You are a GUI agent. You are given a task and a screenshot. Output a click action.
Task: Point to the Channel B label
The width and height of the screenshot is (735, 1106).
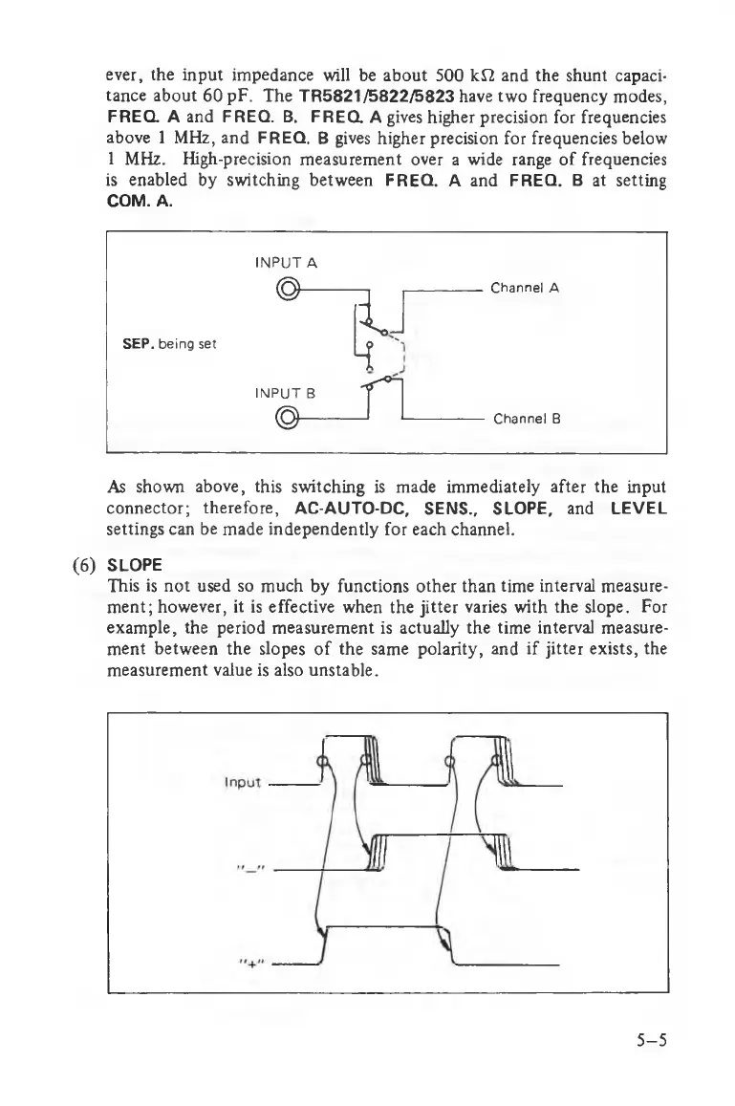526,418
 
